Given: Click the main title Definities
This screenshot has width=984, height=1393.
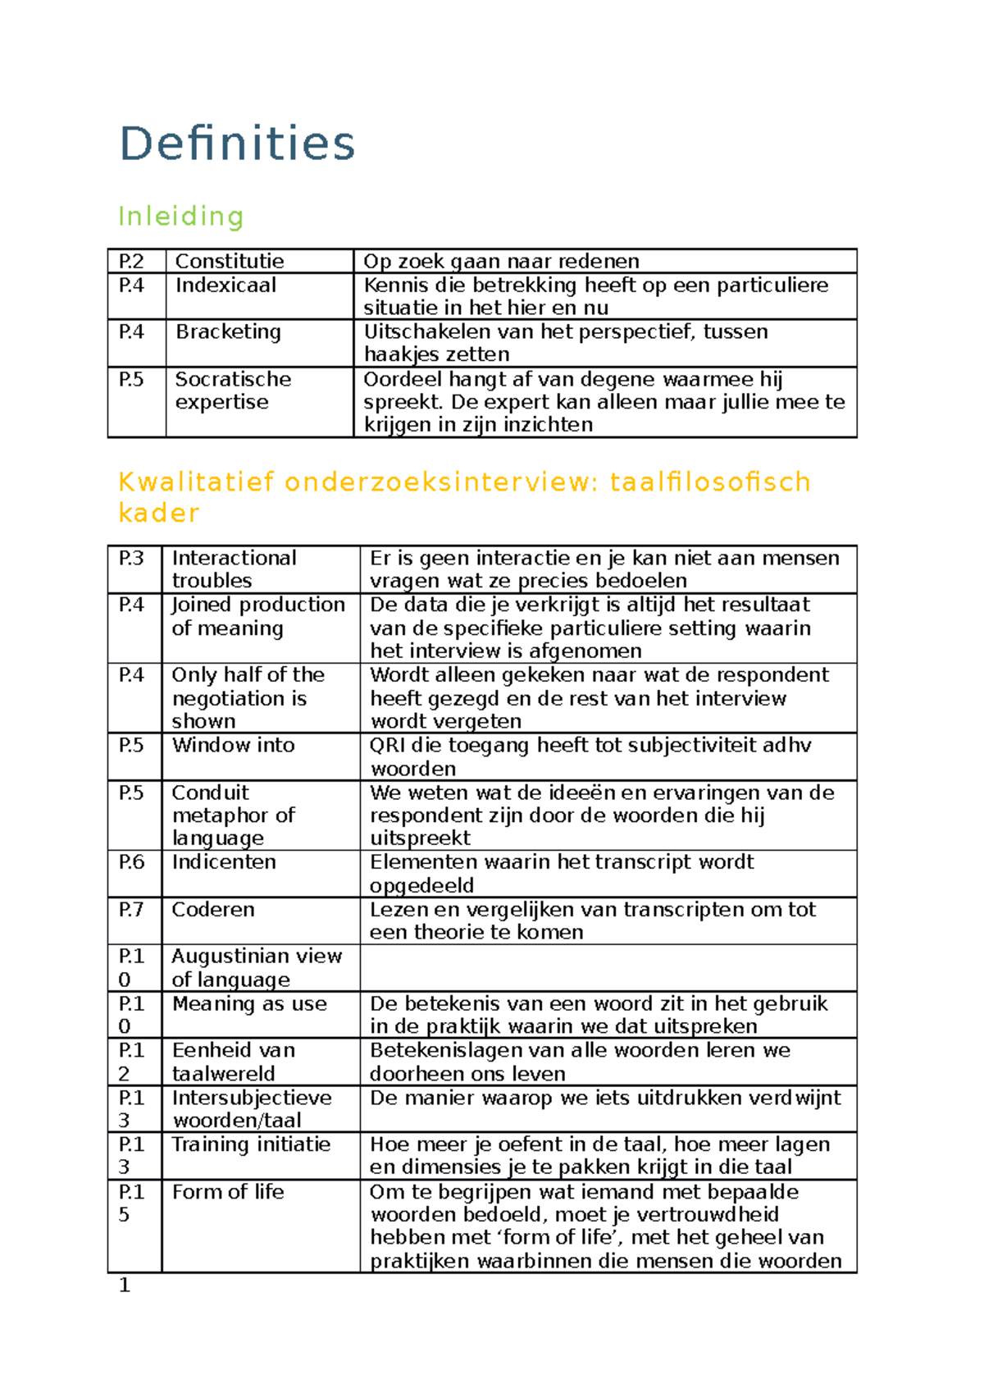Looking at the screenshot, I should (x=237, y=144).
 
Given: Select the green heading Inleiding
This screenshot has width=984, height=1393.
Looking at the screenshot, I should (x=181, y=217).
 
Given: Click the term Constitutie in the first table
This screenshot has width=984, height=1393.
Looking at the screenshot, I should (x=230, y=262).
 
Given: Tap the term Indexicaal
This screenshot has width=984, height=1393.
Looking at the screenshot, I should (x=225, y=285).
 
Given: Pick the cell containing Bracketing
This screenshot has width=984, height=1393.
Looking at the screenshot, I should (x=228, y=332).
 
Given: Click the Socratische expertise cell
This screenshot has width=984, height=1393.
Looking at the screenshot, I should (x=233, y=390).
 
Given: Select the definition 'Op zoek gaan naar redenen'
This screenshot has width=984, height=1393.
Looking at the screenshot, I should (x=501, y=262).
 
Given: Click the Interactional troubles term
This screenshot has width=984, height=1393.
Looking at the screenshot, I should (x=234, y=569).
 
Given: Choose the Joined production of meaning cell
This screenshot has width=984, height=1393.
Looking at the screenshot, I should (x=257, y=616).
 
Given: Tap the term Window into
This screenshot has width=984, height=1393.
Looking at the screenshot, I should (x=233, y=746).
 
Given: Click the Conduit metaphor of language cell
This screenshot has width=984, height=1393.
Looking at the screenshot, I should (x=233, y=815).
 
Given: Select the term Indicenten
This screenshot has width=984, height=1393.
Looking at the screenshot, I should (x=224, y=862).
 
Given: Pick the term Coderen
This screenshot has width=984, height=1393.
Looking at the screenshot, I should (x=213, y=910).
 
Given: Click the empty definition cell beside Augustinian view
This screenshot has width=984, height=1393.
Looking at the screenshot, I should (x=608, y=968).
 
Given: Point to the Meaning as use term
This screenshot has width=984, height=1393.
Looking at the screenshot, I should (x=249, y=1004).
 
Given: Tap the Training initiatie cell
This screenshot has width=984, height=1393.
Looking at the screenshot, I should (x=251, y=1145).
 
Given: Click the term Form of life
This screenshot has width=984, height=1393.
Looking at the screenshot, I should (x=228, y=1192).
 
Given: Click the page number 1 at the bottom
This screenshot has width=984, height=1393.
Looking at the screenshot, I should (x=125, y=1286).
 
